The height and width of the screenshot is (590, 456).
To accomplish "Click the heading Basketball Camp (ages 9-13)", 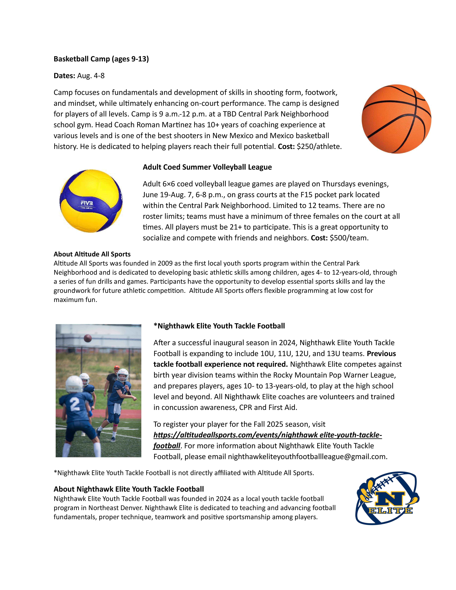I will coord(101,59).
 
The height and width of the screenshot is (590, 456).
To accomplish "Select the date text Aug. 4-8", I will coord(91,76).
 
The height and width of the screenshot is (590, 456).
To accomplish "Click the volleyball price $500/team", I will coord(349,238).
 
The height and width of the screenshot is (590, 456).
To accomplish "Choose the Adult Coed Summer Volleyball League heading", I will coord(207,167).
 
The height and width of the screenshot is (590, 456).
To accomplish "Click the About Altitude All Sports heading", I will coord(92,254).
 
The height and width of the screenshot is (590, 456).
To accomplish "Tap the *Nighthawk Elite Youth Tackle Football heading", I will coord(219,326).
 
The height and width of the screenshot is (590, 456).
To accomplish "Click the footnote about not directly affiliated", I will coord(184,473).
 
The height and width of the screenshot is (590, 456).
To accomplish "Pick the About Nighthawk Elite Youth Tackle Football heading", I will coord(129,489).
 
